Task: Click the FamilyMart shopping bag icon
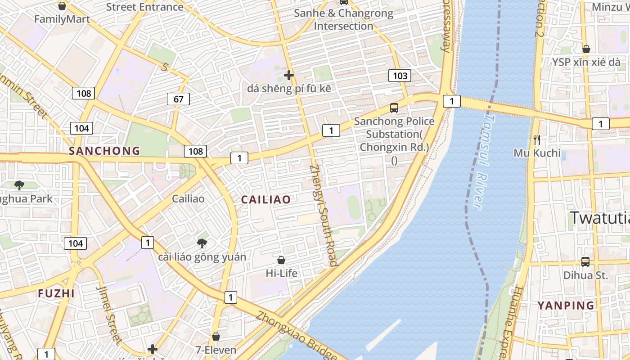click(x=62, y=6)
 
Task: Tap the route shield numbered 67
click(x=178, y=99)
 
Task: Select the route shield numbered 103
click(x=400, y=76)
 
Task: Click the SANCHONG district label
click(x=104, y=151)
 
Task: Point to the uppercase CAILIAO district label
click(x=266, y=200)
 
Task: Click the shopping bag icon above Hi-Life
click(x=281, y=260)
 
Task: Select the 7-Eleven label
click(x=216, y=350)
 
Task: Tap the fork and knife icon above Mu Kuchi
click(x=536, y=140)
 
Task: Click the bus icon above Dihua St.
click(x=585, y=262)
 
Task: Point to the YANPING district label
click(x=566, y=306)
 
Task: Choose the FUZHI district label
click(x=56, y=293)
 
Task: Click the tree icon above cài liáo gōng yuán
click(x=202, y=243)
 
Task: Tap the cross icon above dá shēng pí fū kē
click(x=289, y=75)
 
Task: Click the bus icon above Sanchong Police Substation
click(x=394, y=108)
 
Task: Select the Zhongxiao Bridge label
click(x=297, y=335)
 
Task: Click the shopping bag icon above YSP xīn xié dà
click(x=586, y=49)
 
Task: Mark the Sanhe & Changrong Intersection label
click(x=344, y=19)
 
